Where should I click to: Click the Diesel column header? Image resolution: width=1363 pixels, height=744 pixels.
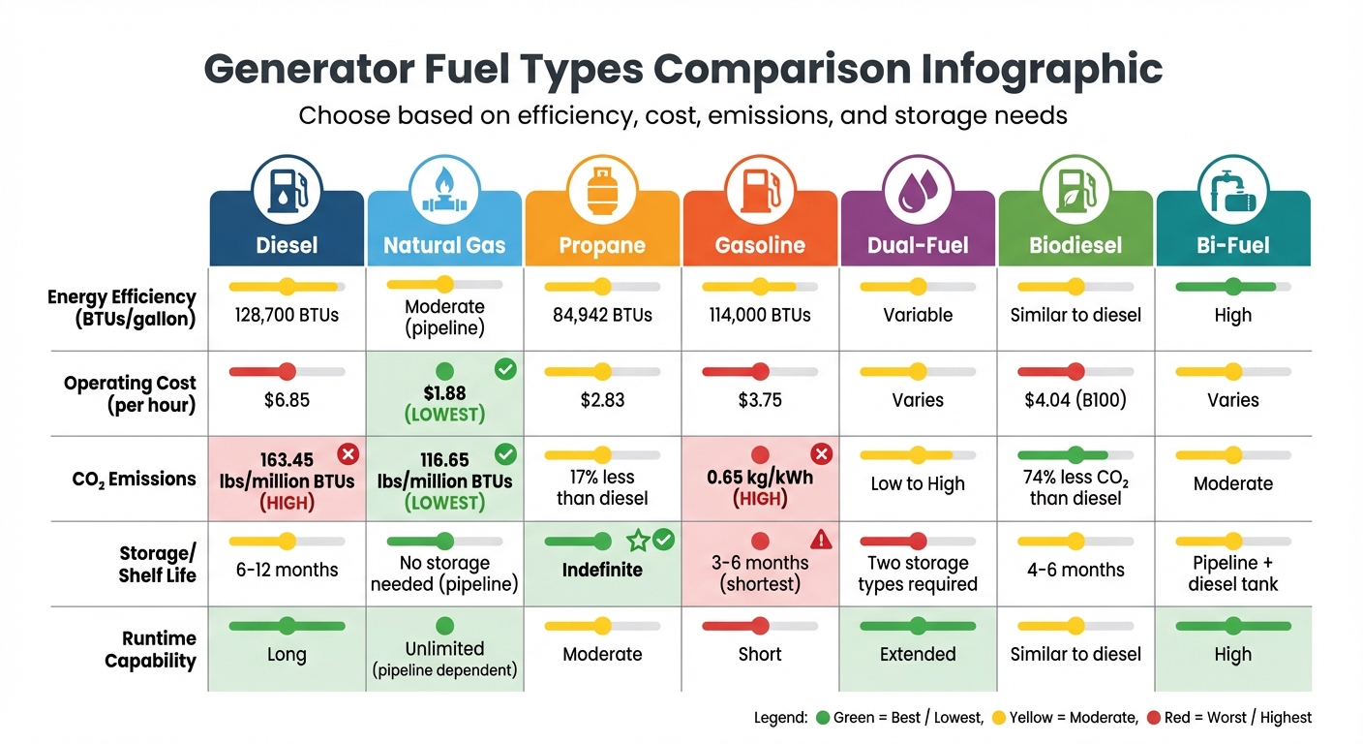287,245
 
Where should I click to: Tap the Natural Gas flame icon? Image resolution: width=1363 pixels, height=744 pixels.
444,188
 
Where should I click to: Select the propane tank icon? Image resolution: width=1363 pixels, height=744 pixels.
602,188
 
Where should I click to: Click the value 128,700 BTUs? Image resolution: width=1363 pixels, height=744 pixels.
287,315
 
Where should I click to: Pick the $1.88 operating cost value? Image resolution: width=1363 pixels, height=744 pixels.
444,392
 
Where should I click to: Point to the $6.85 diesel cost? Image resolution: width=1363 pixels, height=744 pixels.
287,400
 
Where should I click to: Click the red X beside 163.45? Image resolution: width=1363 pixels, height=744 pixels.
348,454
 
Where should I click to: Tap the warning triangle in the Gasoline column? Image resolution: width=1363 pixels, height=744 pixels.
821,540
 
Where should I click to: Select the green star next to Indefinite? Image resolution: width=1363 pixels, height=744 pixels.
637,540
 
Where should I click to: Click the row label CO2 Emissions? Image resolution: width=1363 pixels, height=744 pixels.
135,479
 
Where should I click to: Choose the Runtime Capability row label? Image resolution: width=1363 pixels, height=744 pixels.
150,650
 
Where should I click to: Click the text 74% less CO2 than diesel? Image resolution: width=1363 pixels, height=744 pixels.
1075,487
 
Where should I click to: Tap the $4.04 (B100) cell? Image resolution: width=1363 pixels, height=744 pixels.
1075,400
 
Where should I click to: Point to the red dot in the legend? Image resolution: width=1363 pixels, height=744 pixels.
1153,718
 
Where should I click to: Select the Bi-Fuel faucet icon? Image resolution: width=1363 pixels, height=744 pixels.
1232,188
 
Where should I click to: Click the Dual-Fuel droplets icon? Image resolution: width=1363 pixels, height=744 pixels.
917,188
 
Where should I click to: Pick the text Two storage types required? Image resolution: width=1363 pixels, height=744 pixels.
918,573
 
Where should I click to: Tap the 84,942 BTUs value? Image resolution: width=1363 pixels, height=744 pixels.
602,315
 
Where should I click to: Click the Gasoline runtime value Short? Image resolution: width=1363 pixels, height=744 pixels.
760,655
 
